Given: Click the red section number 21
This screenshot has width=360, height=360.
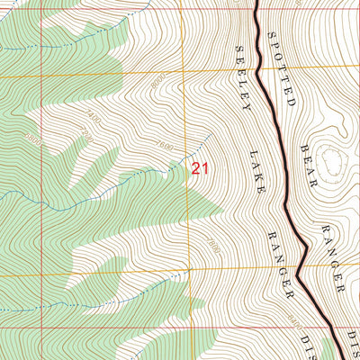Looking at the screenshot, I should (200, 167).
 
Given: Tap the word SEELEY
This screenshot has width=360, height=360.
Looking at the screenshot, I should (240, 76).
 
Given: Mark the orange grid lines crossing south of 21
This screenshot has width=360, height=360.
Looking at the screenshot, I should (188, 270).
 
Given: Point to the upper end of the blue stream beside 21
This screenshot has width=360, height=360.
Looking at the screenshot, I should (211, 135).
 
